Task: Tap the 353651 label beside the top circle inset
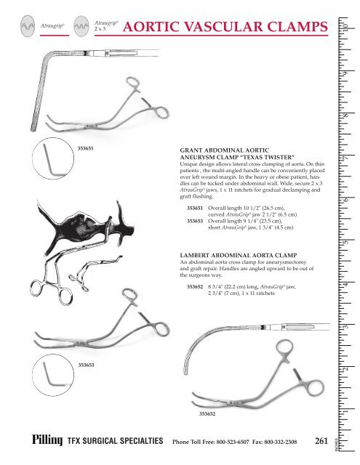click(x=85, y=147)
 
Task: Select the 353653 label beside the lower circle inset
click(x=85, y=365)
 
